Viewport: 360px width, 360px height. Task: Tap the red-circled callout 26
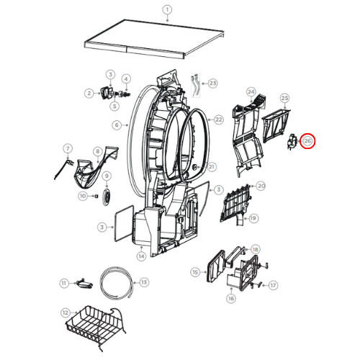point(308,142)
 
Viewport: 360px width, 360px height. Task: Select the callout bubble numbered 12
point(66,313)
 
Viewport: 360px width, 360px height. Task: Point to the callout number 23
point(213,84)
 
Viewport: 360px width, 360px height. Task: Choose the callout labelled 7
point(68,150)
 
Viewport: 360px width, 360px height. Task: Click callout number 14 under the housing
point(142,256)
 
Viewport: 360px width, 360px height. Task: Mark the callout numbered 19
point(253,217)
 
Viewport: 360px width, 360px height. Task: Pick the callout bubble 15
point(195,272)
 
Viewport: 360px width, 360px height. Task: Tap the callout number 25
point(284,97)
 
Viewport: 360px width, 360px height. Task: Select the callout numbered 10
point(83,196)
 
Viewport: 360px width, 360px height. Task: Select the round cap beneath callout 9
point(107,197)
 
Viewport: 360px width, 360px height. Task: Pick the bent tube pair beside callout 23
point(196,82)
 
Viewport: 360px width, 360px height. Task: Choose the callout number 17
point(274,285)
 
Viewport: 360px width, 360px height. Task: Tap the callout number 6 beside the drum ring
point(116,124)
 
